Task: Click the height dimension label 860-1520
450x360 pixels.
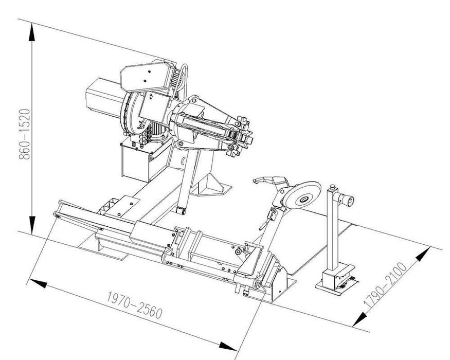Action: pos(24,134)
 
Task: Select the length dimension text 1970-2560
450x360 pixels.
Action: pos(134,305)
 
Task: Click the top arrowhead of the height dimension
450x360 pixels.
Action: pos(31,32)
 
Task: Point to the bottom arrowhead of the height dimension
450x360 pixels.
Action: pos(32,225)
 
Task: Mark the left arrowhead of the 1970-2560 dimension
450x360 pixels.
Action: pos(38,283)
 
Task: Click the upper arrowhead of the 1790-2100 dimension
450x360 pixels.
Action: pos(423,254)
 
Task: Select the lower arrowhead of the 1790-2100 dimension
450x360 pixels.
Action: pos(359,319)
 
